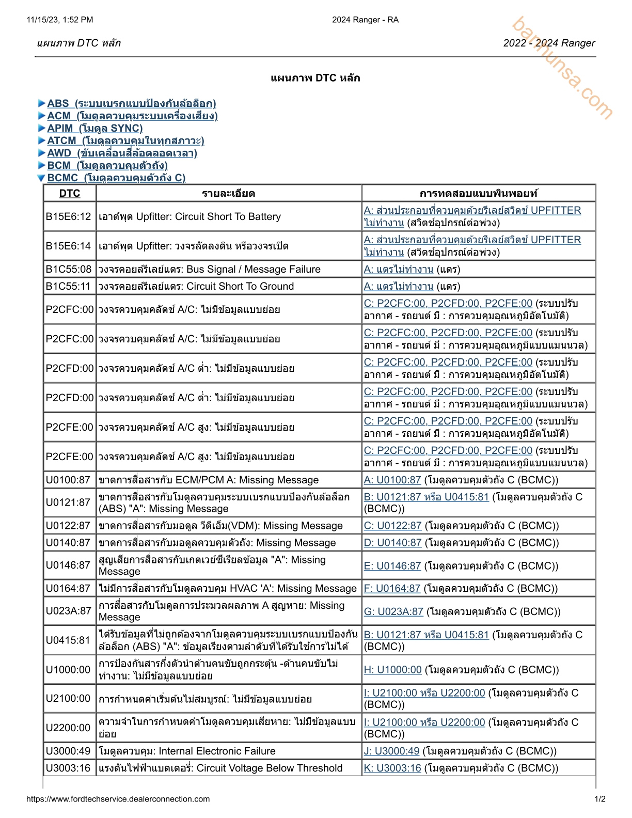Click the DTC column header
pos(70,193)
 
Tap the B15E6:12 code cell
pos(69,216)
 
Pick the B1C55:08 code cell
pos(69,269)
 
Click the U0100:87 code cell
pos(68,480)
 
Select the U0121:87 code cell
pos(68,502)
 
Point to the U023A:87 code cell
pos(69,611)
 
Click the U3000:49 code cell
pos(68,751)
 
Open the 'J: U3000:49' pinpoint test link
pos(391,751)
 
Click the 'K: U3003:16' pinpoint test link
pos(392,768)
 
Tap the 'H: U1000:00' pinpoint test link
pos(392,669)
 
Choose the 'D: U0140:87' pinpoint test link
pos(392,543)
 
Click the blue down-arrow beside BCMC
pos(41,178)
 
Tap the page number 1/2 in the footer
pos(600,799)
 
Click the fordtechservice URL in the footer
pos(118,799)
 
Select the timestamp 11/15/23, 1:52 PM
pos(60,20)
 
